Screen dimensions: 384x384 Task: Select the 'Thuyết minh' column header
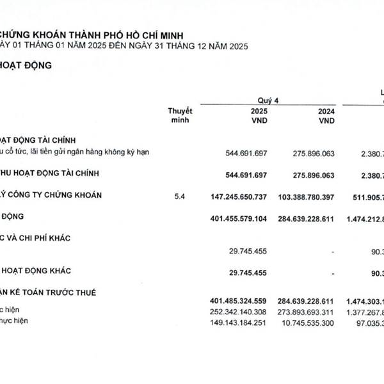point(180,115)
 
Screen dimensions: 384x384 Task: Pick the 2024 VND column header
point(326,115)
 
